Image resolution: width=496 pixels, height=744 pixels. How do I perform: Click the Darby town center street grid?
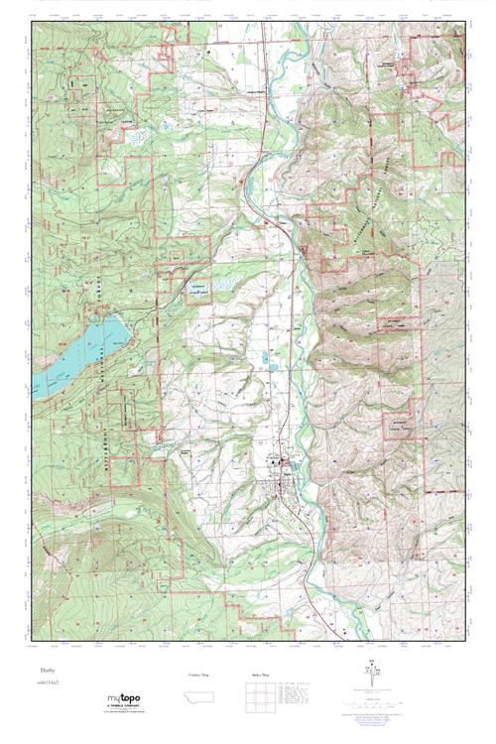coord(283,461)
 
